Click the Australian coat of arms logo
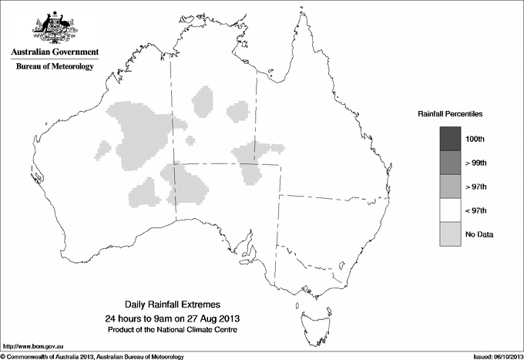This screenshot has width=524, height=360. [x=54, y=26]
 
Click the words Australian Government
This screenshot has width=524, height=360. [x=54, y=52]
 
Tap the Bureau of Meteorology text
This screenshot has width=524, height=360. [x=54, y=67]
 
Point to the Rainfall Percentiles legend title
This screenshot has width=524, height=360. [x=450, y=113]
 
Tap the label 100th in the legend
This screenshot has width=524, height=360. [x=485, y=139]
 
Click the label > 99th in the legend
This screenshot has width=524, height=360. [x=487, y=163]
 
